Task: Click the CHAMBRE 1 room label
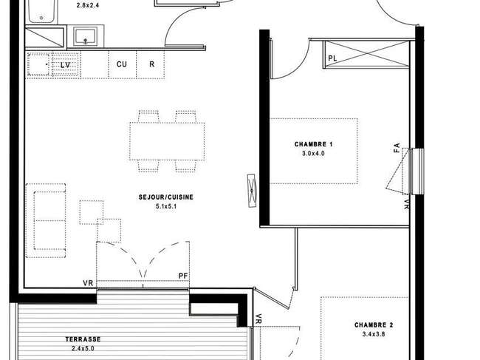(x=313, y=144)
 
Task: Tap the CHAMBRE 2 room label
(x=374, y=325)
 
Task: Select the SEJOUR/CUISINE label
(x=166, y=197)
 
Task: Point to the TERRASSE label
(x=83, y=339)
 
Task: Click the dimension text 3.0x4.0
(x=313, y=154)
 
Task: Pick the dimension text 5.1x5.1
(x=166, y=206)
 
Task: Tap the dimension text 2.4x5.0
(x=83, y=348)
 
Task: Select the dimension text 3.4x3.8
(x=374, y=334)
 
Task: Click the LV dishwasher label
(x=65, y=65)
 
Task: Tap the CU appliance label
(x=122, y=64)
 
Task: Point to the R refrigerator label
(x=151, y=64)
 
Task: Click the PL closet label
(x=332, y=58)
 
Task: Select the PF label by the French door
(x=183, y=276)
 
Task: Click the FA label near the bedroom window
(x=397, y=148)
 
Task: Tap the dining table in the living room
(x=167, y=141)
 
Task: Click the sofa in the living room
(x=46, y=220)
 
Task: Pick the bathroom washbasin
(x=86, y=36)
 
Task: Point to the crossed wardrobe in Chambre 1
(x=366, y=54)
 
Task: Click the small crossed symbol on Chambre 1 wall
(x=252, y=191)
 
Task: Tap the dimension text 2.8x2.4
(x=88, y=5)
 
